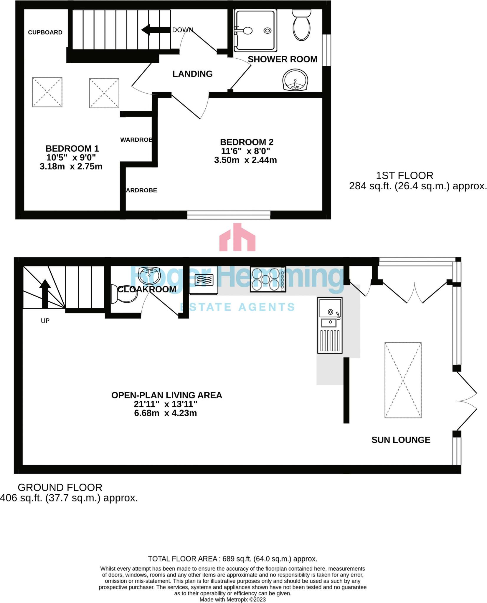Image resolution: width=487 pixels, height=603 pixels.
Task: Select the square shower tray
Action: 255,30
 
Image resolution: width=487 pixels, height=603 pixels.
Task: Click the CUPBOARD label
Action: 45,32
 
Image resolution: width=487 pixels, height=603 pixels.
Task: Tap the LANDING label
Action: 192,74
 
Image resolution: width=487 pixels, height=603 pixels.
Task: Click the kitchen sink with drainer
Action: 330,325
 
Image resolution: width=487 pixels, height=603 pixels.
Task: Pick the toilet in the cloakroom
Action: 124,294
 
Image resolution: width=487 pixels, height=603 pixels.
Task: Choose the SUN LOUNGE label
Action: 401,440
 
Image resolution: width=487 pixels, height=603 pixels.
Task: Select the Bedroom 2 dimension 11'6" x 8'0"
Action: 246,151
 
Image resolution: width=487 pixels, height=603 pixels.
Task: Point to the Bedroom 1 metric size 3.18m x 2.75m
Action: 71,167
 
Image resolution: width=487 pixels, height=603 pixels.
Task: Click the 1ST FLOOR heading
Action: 405,176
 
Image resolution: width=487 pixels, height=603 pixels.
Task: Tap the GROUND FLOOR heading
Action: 60,488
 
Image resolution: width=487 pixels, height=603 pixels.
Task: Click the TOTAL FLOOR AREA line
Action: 232,559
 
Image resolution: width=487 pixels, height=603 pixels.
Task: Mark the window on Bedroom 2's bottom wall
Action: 229,215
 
